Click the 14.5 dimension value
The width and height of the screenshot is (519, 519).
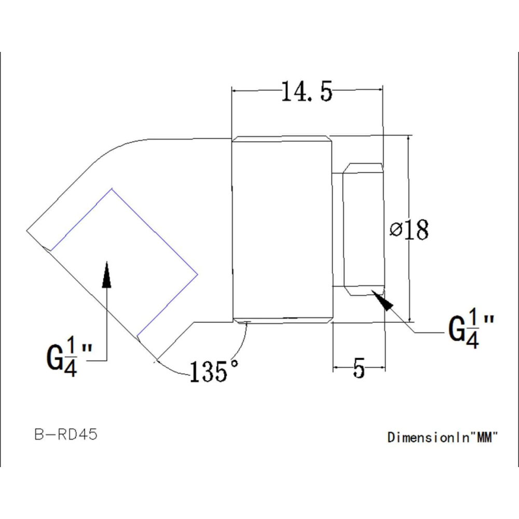coord(306,92)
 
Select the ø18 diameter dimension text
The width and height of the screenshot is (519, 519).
coord(409,230)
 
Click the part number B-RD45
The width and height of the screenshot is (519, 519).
coord(66,434)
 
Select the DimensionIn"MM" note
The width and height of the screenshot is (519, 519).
coord(443,437)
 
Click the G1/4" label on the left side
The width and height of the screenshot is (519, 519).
coord(70,357)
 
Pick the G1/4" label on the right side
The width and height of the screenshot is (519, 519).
coord(471,328)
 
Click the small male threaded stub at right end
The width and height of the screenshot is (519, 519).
coord(364,229)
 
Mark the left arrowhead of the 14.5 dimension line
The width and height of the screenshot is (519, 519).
coord(237,91)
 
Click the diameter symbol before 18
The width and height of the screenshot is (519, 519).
coord(395,229)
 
